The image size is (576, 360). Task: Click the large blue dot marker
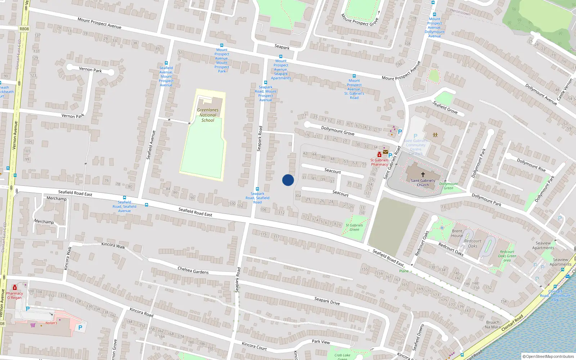(288, 180)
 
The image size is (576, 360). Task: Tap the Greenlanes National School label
(208, 115)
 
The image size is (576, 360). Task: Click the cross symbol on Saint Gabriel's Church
(423, 174)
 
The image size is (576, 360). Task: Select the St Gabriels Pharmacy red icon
(379, 155)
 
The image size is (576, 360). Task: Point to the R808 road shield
(24, 29)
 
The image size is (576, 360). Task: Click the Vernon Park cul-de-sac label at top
(90, 69)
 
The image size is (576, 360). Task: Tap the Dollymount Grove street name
(338, 130)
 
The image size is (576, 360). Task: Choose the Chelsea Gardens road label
(193, 270)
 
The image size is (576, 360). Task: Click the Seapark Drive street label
(327, 301)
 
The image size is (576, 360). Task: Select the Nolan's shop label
(51, 323)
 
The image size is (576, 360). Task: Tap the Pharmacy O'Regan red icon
(15, 288)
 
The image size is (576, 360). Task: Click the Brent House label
(457, 233)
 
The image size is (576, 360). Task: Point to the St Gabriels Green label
(354, 227)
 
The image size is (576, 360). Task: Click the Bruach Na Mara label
(492, 325)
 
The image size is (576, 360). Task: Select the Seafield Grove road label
(445, 107)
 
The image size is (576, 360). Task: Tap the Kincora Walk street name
(113, 245)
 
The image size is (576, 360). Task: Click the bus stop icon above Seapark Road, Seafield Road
(257, 189)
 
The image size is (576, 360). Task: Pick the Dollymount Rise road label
(531, 165)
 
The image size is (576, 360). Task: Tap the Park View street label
(321, 342)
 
